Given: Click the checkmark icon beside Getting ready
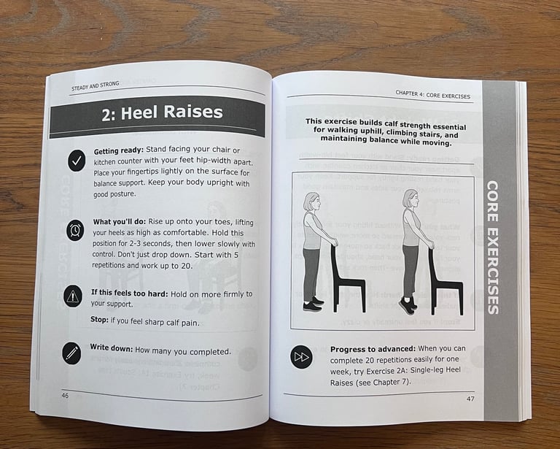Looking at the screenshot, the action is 77,161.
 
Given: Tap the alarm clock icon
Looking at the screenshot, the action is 75,229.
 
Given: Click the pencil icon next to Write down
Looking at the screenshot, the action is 71,353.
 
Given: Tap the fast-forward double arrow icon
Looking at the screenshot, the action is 301,357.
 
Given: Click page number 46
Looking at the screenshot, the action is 65,396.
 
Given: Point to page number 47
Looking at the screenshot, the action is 470,398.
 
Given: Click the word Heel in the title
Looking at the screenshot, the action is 140,112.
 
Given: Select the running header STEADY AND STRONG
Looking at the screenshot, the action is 95,86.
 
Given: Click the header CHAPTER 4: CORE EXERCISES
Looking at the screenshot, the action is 432,95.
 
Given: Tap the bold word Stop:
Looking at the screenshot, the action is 99,319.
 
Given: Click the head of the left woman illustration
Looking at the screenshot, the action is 312,202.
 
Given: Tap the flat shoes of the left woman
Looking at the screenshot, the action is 313,304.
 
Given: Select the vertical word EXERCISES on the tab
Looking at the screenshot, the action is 492,271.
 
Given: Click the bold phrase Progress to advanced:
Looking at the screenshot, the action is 373,349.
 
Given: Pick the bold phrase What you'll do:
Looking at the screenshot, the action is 120,222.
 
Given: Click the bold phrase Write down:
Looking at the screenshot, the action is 112,348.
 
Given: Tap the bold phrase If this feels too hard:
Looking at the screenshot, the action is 129,293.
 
